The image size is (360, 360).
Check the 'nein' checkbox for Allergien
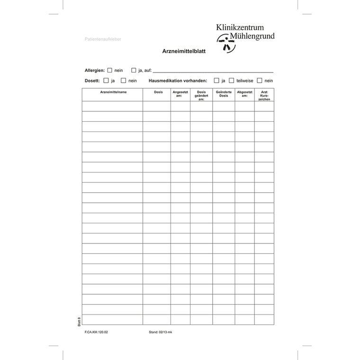[x=110, y=70]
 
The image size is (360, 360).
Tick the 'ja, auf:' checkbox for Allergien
[x=134, y=70]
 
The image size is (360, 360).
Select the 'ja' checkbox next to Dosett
[x=107, y=81]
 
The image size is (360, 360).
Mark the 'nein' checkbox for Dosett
[x=123, y=81]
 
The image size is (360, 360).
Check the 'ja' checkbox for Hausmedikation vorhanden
[x=216, y=81]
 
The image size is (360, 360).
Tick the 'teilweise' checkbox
[x=232, y=81]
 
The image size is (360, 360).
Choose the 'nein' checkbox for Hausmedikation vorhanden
[x=260, y=81]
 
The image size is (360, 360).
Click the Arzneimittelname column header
[x=113, y=92]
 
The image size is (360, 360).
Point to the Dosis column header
[x=158, y=92]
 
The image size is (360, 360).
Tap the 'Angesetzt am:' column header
[x=180, y=94]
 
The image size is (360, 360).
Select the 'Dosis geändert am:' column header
[x=201, y=95]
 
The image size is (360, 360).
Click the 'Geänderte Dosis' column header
[x=224, y=94]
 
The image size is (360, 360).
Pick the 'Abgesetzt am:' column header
[x=245, y=94]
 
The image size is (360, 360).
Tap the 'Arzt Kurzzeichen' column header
[x=264, y=95]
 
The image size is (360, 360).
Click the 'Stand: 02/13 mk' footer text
[x=161, y=332]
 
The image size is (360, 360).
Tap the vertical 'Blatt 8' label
[x=79, y=321]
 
